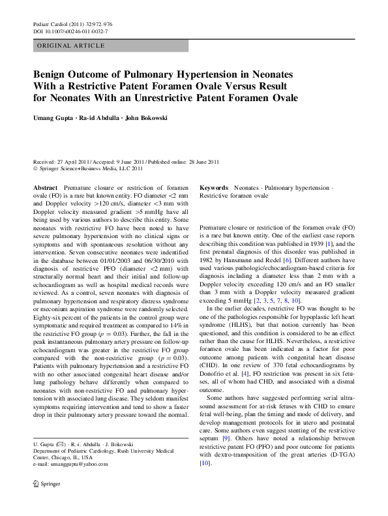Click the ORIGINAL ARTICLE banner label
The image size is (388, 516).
coord(72,46)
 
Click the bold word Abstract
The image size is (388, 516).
coord(45,187)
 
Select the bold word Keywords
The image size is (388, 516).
coord(213,187)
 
